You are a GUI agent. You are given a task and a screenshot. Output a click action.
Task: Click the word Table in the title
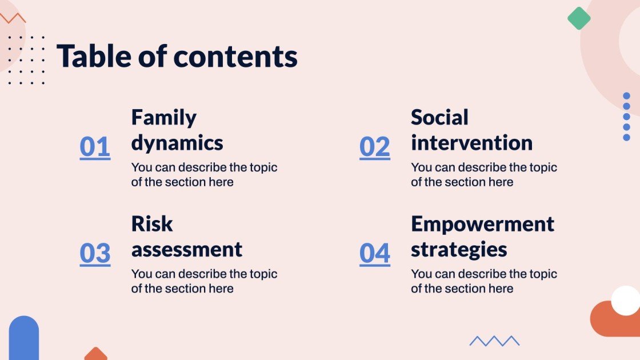94,57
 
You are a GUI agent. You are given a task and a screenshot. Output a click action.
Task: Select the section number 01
95,147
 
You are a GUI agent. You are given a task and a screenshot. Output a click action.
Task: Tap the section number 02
374,147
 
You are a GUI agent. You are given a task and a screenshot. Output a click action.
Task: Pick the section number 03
95,253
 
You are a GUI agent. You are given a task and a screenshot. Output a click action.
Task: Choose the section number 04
374,253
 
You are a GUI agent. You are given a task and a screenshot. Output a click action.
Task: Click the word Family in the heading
163,117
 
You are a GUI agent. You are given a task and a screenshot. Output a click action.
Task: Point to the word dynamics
177,143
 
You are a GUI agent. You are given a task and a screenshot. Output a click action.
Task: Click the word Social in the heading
439,117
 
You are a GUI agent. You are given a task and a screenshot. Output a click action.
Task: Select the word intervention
471,143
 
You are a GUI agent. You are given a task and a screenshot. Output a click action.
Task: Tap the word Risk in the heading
152,223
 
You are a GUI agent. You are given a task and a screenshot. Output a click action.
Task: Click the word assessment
187,250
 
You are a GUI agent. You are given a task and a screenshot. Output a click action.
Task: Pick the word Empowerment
482,223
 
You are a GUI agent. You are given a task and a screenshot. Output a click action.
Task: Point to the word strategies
459,250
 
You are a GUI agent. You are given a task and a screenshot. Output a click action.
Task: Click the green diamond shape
579,18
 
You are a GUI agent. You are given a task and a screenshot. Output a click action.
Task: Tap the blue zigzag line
494,341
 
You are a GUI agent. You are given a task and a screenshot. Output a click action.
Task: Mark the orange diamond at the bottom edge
95,354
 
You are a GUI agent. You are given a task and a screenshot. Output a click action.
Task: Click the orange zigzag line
13,17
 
